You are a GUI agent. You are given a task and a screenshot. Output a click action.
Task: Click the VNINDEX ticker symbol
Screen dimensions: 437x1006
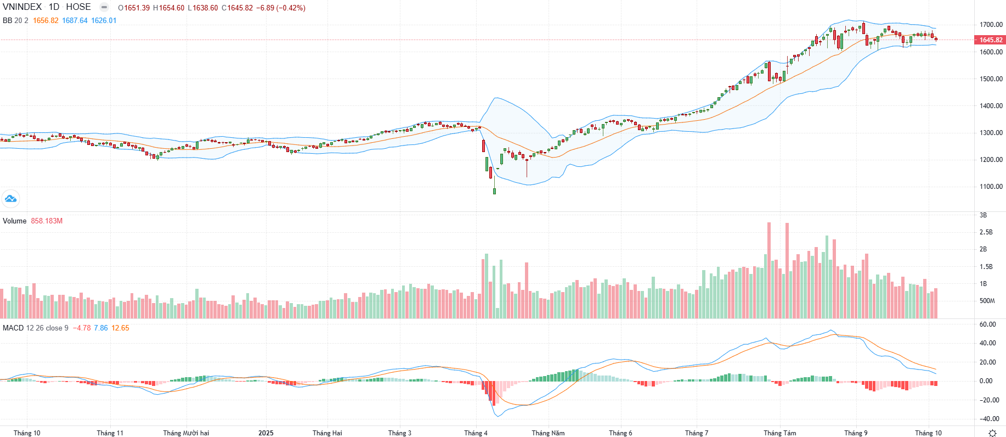click(x=22, y=7)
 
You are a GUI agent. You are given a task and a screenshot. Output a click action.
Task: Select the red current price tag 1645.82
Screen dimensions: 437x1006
click(x=991, y=40)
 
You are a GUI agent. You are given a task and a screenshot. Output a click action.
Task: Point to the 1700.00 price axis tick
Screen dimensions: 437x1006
click(x=991, y=25)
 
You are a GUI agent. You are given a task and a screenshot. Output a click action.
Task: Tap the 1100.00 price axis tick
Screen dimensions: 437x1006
click(x=991, y=187)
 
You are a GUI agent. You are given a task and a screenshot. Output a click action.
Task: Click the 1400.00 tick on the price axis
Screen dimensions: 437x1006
click(x=991, y=106)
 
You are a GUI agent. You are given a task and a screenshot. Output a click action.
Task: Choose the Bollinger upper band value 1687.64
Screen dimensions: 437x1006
click(x=75, y=21)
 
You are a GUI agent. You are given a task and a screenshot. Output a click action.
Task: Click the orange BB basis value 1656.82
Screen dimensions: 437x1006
click(x=46, y=21)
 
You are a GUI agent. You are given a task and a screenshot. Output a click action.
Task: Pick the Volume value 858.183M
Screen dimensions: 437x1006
click(x=47, y=221)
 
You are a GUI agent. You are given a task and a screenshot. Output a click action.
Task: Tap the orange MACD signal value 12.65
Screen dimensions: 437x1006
click(x=120, y=328)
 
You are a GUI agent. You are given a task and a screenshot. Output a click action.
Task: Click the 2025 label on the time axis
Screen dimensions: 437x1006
click(x=266, y=433)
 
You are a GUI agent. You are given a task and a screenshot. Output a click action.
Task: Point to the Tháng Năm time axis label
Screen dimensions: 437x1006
click(x=548, y=433)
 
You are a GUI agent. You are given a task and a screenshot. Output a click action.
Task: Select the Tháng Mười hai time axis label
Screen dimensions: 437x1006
click(x=186, y=433)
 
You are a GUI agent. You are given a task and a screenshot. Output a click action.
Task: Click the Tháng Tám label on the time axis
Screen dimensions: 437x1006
click(x=779, y=433)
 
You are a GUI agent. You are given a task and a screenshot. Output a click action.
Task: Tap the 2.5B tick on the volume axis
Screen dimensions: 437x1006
click(x=986, y=232)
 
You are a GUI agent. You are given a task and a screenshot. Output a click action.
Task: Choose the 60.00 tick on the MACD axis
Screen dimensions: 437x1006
click(x=987, y=324)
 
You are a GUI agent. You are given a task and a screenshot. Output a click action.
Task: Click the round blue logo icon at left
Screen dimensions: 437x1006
click(x=10, y=199)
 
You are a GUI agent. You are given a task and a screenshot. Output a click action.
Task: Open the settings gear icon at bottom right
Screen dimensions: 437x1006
click(x=992, y=433)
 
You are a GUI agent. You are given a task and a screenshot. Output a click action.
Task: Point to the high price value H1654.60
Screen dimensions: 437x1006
click(x=168, y=8)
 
